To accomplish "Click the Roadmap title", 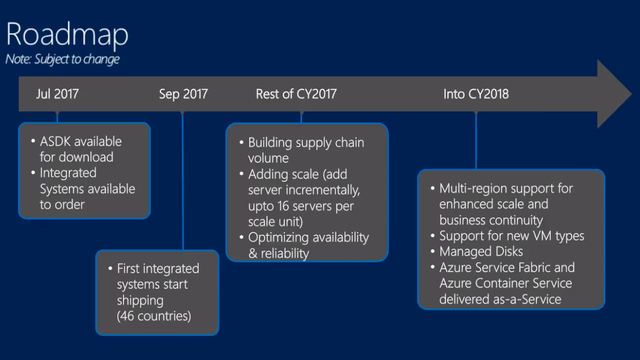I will pos(67,35).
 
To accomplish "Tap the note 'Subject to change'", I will pos(62,59).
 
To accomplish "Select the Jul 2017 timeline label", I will pos(58,94).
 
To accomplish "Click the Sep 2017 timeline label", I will pos(183,94).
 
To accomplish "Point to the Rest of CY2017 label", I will pos(296,94).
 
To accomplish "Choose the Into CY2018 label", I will pos(475,94).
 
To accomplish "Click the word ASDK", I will pos(56,142).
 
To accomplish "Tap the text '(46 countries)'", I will pos(154,315).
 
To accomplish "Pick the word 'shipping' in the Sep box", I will pos(140,300).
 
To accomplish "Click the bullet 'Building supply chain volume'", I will pos(305,150).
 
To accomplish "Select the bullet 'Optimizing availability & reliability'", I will pos(308,245).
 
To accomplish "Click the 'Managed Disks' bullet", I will pos(481,252).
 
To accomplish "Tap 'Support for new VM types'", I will pos(511,236).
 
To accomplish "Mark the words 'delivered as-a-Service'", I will pos(500,299).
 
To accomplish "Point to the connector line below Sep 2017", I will pos(183,182).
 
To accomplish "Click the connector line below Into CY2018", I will pos(475,140).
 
